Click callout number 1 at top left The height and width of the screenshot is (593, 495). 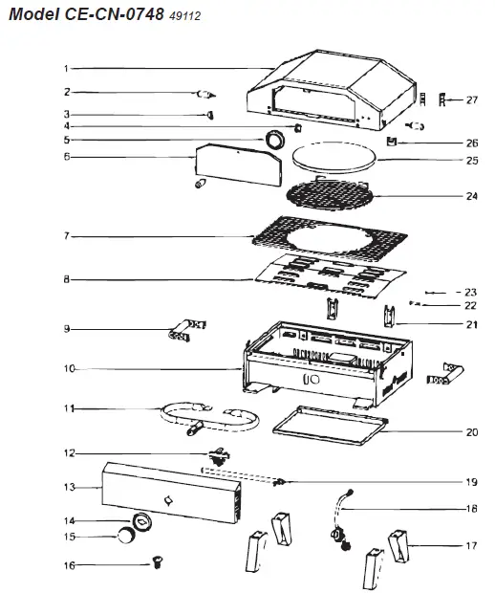(66, 68)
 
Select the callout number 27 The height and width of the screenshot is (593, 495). (471, 99)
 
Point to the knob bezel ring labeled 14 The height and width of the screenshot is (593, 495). (142, 518)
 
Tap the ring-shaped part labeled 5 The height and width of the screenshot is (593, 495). (274, 141)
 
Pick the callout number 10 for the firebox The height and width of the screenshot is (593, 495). (67, 368)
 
